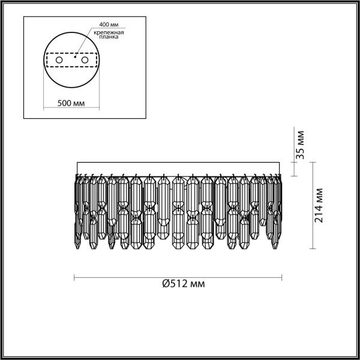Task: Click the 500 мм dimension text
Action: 71,104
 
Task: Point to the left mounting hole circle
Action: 59,60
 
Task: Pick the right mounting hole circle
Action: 85,60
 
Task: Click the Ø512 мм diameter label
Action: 184,284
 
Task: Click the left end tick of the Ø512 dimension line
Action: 74,277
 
